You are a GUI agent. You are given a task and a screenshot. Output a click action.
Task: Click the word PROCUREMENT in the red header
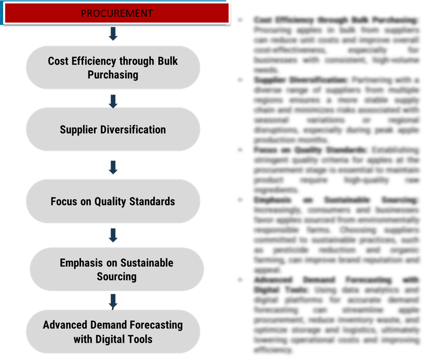click(x=117, y=14)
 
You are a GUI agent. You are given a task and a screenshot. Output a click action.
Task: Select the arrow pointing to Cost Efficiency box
click(x=113, y=34)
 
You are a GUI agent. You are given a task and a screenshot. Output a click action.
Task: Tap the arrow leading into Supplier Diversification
click(x=113, y=101)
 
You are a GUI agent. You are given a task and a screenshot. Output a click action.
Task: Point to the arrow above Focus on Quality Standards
click(x=113, y=167)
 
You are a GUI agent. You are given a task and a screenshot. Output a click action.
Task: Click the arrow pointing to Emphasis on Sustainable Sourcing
click(x=113, y=235)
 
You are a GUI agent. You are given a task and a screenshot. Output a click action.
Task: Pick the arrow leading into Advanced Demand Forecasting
click(x=113, y=301)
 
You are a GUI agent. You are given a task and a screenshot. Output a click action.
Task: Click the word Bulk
click(x=167, y=61)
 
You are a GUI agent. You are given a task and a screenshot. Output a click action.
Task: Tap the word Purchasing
click(x=113, y=75)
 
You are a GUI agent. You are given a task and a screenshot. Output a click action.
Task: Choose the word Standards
click(x=153, y=201)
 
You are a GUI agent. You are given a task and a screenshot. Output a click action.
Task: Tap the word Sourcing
click(x=117, y=276)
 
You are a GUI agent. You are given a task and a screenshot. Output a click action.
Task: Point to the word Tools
click(x=141, y=339)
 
